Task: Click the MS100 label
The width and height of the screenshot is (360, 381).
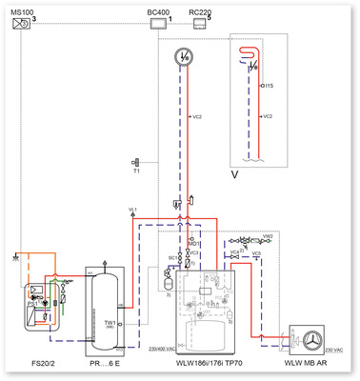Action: coord(21,10)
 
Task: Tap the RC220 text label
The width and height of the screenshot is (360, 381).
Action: coord(200,10)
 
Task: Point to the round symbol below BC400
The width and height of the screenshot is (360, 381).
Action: coord(184,58)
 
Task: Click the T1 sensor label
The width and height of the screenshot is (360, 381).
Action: coord(138,172)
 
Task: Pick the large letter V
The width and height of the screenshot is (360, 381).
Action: coord(235,174)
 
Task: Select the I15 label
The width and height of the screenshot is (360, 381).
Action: coord(270,86)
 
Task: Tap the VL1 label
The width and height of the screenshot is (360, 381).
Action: coord(133,208)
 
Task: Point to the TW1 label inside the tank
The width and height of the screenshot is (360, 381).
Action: coord(110,323)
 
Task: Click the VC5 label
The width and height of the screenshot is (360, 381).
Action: coord(255,253)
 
